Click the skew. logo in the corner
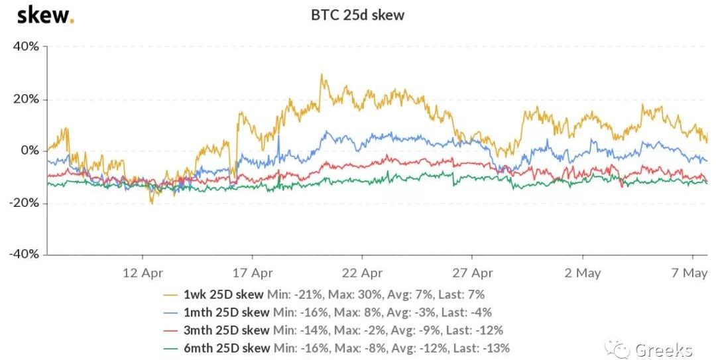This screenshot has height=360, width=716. pos(44,15)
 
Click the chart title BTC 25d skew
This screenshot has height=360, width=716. pos(357,15)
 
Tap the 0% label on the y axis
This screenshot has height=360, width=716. pos(30,150)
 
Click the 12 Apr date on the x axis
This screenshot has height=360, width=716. pos(143,272)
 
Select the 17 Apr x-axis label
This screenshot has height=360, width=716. pos(253,272)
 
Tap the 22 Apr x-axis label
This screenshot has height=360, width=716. pos(362,272)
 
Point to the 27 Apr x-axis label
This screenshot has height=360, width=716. pos(471,272)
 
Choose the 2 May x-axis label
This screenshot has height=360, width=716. pos(582,272)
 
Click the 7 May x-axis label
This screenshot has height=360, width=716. pos(691,272)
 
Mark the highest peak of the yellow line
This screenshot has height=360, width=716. pos(321,75)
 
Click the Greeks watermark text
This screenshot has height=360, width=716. pos(664,350)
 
